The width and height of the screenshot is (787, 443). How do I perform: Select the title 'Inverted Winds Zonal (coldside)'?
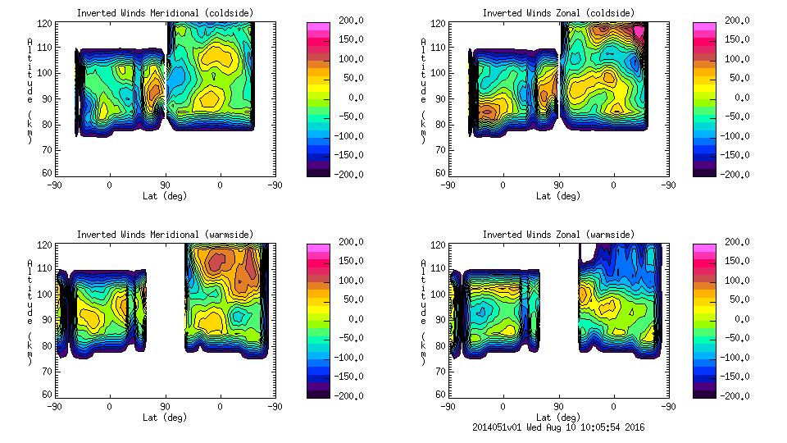point(557,12)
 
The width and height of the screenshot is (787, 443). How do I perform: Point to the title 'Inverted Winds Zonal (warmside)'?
point(557,234)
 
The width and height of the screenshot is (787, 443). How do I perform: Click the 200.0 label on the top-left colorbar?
point(348,21)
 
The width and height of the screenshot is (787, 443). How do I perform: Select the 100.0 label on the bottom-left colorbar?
point(348,281)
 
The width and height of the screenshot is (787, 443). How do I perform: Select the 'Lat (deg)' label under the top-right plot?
point(557,196)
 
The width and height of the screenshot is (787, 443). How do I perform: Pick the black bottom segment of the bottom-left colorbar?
point(317,394)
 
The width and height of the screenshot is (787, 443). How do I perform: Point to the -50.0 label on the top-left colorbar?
point(348,116)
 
